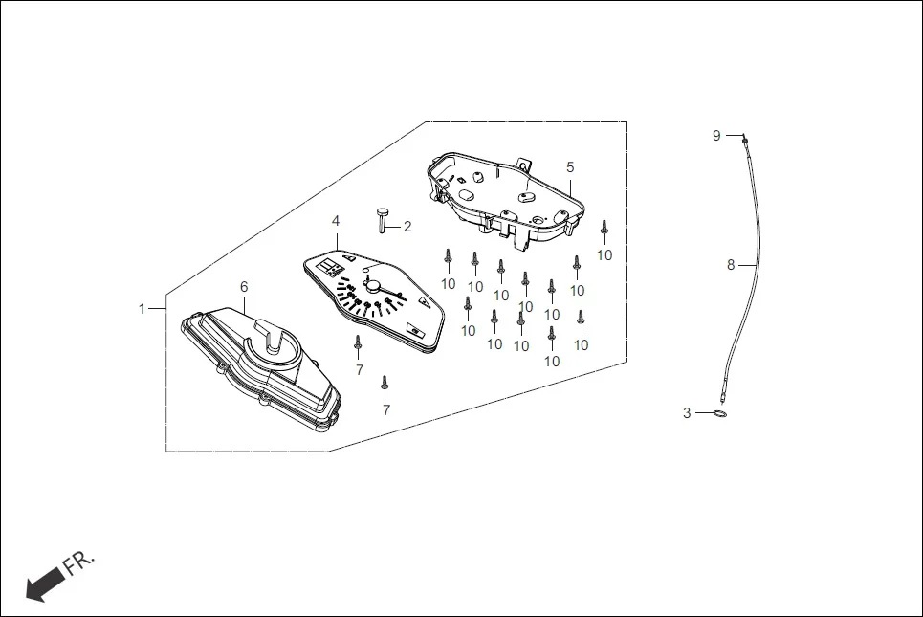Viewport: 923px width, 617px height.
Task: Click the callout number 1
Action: coord(142,308)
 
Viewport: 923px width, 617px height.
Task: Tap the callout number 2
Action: coord(407,227)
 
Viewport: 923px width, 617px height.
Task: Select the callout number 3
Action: coord(687,413)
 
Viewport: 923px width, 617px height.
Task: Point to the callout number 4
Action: coord(336,221)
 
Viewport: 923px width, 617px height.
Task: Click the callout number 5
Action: coord(570,166)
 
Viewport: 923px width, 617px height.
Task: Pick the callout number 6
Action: coord(244,286)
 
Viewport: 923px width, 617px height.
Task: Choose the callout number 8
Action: coord(731,265)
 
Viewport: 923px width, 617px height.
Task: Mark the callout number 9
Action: coord(716,136)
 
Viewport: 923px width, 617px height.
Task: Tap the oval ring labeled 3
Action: coord(718,414)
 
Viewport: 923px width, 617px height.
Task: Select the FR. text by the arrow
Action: coord(80,563)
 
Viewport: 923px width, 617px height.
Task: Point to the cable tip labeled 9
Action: coord(743,140)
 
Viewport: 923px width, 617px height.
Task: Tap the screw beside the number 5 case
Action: coord(604,230)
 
